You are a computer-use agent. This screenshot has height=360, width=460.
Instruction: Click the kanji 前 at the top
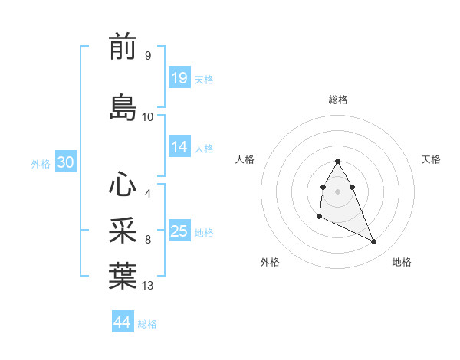(x=123, y=47)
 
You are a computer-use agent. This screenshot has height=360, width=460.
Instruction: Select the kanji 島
(x=123, y=107)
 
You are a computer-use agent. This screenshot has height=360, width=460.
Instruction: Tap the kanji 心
(x=123, y=184)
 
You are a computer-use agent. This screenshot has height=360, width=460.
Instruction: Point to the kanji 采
(x=123, y=231)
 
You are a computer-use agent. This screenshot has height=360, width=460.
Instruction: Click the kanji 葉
(x=123, y=277)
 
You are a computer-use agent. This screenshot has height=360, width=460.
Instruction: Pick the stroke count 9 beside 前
(x=147, y=56)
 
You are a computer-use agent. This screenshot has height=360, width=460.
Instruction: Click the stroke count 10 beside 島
(x=148, y=116)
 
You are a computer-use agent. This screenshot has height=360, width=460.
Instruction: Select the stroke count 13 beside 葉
(x=148, y=286)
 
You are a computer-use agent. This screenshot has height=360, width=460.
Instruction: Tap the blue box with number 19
(x=179, y=77)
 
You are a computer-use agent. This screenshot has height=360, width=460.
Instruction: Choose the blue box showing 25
(x=179, y=231)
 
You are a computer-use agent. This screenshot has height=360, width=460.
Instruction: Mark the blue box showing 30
(x=65, y=162)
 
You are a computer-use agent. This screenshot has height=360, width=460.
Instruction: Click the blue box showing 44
(x=123, y=322)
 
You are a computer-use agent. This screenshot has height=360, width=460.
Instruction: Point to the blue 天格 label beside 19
(x=204, y=79)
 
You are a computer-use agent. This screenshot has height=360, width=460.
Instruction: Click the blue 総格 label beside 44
(x=147, y=323)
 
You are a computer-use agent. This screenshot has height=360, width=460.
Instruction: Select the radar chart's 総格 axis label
(x=338, y=100)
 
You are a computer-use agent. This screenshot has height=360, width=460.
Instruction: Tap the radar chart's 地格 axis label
(x=402, y=262)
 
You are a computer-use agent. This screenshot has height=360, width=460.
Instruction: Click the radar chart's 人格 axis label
(x=245, y=159)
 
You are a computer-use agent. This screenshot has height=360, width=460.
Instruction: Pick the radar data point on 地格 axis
(x=374, y=242)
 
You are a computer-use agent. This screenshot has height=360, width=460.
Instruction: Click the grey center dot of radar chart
(x=338, y=191)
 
